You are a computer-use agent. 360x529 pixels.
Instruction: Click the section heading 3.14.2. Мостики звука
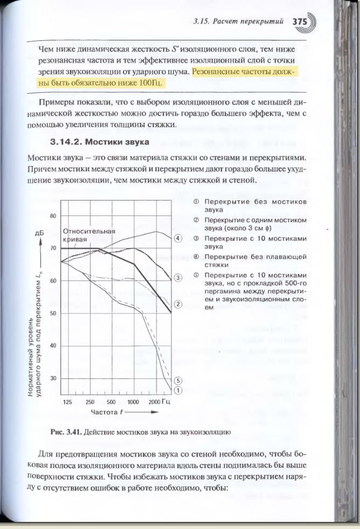99,142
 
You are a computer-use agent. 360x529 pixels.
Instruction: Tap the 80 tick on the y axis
53,216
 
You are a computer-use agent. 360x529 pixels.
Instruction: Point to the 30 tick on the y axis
53,378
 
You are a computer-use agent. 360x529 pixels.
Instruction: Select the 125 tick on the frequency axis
67,402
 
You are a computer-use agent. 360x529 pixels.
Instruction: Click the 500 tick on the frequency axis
111,402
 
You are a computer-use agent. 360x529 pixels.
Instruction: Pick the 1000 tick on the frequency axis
133,402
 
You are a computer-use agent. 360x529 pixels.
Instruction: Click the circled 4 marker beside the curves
178,238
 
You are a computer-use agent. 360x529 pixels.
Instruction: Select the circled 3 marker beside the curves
178,278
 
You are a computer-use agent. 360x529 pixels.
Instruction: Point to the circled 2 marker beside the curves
178,304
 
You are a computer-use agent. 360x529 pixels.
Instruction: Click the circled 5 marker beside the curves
178,380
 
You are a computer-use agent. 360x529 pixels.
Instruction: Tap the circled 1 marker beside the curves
178,390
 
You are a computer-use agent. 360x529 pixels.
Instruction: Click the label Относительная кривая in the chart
89,235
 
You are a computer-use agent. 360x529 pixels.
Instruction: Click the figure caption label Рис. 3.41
65,432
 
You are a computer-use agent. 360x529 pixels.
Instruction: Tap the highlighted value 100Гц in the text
150,83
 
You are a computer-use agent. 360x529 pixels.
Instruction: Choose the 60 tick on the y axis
53,281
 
